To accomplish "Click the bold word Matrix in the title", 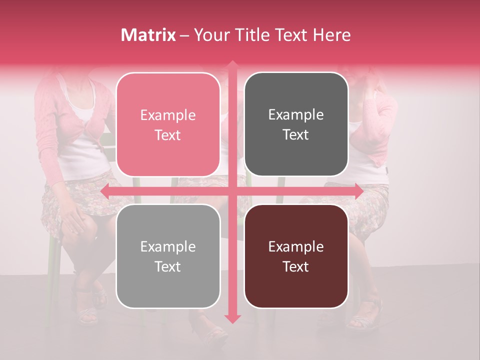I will (x=148, y=35).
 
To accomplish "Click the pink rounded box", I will (x=168, y=124).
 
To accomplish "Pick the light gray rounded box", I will (x=168, y=256).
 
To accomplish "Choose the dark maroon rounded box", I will (x=296, y=256).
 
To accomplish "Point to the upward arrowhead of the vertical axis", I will (x=232, y=64).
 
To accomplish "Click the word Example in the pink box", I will (x=168, y=115).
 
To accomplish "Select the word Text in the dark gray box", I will (x=296, y=135).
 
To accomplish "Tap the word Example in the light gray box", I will (x=168, y=247).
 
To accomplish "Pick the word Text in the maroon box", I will (x=296, y=266).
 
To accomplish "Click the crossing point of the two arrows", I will (x=232, y=191).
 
